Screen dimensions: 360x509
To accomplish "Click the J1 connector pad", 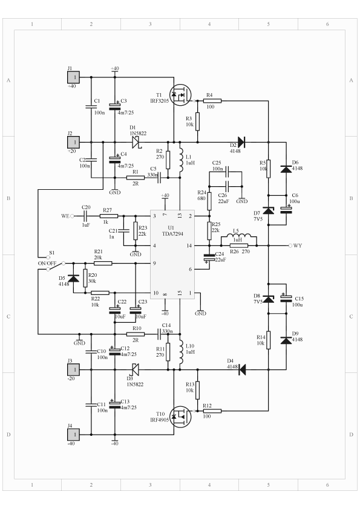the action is pos(73,77).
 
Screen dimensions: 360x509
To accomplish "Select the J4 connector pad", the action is pos(73,434).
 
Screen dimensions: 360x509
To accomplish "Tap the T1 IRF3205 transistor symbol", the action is pos(180,95).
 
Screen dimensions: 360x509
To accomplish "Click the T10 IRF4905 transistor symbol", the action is pos(180,417).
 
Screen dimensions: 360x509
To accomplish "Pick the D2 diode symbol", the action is pos(241,142).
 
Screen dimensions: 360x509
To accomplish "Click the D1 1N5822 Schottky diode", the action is pos(136,142).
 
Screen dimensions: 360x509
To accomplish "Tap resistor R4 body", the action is pos(212,101).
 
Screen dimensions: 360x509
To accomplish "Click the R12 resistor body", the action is pos(212,411).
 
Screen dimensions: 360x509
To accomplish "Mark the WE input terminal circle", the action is pos(72,216).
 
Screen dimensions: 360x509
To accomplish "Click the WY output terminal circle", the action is pos(290,245).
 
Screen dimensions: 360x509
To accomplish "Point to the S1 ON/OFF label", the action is pos(47,263).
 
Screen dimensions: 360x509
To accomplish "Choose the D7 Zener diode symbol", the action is pos(269,210).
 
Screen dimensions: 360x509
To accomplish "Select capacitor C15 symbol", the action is pos(286,298).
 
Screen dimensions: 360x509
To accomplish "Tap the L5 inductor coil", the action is pos(239,236).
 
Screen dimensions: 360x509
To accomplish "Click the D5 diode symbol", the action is pos(73,278).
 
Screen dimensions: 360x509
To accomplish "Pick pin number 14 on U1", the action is pos(189,246).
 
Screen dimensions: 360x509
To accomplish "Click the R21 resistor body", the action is pos(103,263).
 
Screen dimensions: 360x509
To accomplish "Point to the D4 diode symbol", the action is pos(242,369).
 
